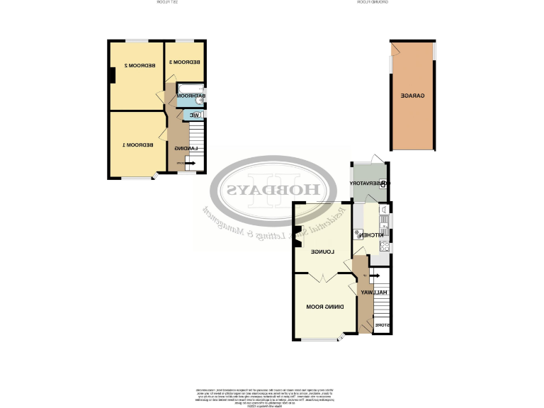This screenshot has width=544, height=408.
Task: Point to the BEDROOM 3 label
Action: tap(183, 62)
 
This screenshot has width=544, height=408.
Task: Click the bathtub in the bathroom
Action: tap(190, 96)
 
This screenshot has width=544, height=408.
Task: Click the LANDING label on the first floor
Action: tap(186, 148)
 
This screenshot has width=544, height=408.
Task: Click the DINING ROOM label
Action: tap(325, 307)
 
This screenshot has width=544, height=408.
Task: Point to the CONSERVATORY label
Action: tap(369, 183)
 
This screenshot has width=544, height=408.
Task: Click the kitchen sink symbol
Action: tap(383, 210)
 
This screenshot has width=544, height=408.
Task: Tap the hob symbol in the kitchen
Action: tap(383, 246)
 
